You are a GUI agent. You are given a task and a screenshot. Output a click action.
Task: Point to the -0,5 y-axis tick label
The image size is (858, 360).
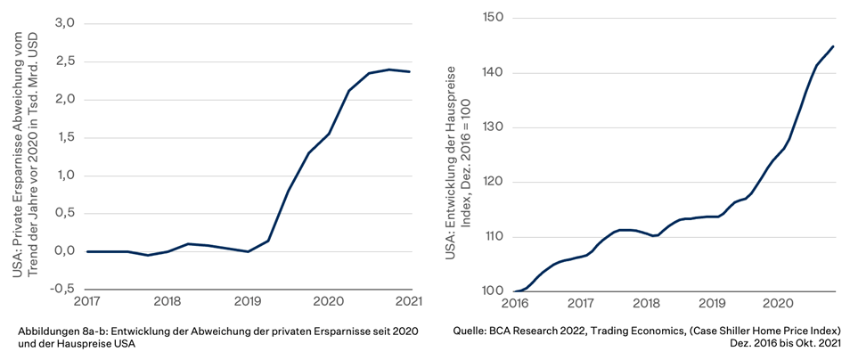pyautogui.click(x=62, y=289)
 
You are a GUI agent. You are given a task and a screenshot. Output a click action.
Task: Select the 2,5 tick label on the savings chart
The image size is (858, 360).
pyautogui.click(x=64, y=61)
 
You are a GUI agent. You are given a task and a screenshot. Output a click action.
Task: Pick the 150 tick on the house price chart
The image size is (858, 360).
pyautogui.click(x=494, y=18)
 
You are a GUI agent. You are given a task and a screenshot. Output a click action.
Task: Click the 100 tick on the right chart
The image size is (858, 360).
pyautogui.click(x=494, y=291)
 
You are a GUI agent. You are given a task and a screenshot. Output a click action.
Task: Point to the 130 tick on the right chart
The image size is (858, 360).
pyautogui.click(x=494, y=127)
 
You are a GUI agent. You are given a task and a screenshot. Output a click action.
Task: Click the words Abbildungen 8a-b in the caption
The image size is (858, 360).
pyautogui.click(x=61, y=331)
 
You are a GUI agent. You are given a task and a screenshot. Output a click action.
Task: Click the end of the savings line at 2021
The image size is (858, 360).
pyautogui.click(x=411, y=71)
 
